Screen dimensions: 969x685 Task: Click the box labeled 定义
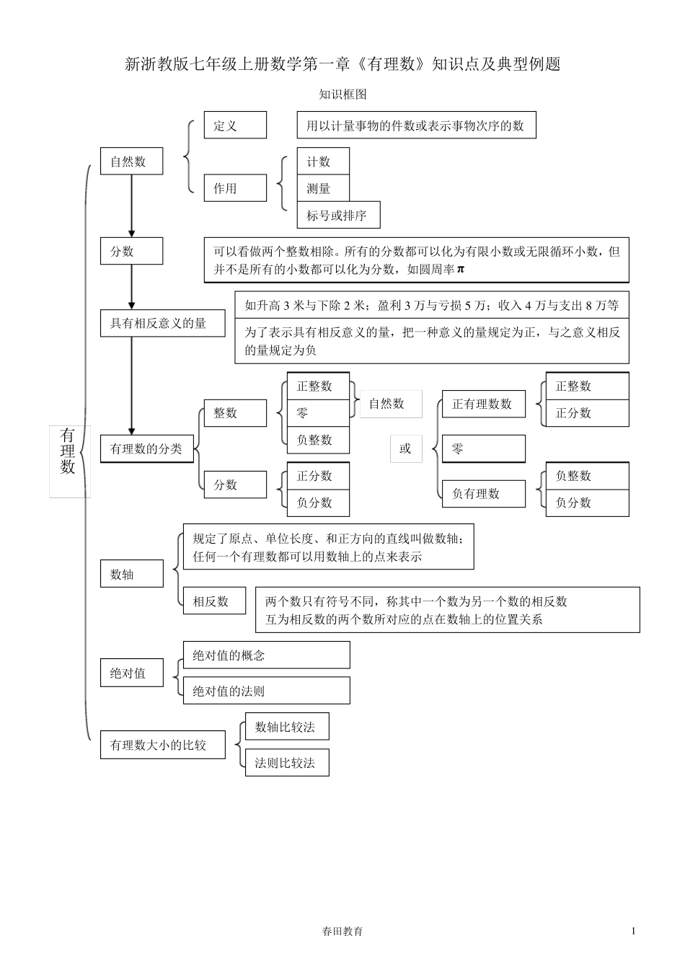[x=235, y=125]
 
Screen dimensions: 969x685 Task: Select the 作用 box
[x=235, y=188]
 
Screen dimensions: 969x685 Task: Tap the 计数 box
[x=323, y=161]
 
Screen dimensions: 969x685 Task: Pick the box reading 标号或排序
[x=338, y=215]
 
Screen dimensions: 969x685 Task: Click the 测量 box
[x=323, y=188]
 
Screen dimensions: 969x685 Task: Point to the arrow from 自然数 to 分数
[x=131, y=206]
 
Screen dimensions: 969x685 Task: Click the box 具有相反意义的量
[x=162, y=323]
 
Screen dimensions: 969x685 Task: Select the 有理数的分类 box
[x=146, y=448]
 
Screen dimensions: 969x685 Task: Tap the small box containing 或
[x=405, y=448]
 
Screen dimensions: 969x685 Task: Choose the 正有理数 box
[x=483, y=404]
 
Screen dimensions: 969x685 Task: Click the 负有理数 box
[x=483, y=494]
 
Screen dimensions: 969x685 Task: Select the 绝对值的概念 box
[x=266, y=655]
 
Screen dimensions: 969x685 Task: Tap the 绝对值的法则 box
[x=266, y=691]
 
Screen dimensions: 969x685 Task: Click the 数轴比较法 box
[x=286, y=727]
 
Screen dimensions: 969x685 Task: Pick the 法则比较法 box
[x=286, y=763]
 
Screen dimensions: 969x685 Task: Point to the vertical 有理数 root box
[x=68, y=451]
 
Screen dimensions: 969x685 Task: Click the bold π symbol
[x=461, y=270]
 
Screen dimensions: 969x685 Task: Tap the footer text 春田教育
[x=343, y=931]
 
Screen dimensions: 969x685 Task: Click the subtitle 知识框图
[x=343, y=94]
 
